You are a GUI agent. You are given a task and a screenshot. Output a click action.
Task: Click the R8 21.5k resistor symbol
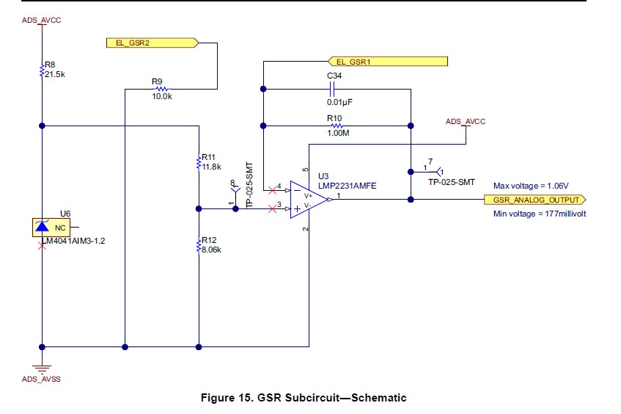[x=43, y=70]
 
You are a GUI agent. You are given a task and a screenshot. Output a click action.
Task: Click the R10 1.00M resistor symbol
[x=334, y=126]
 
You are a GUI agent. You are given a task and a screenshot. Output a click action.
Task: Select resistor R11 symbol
[x=199, y=162]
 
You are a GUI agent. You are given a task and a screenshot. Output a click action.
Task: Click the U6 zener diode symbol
[x=42, y=227]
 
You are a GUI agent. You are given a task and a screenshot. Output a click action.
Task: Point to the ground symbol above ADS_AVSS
[x=43, y=369]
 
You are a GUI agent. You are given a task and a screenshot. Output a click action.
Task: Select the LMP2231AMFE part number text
[x=347, y=186]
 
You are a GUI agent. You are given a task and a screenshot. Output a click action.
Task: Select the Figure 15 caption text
[x=303, y=398]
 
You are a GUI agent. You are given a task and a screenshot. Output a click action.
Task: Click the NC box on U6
[x=59, y=228]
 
